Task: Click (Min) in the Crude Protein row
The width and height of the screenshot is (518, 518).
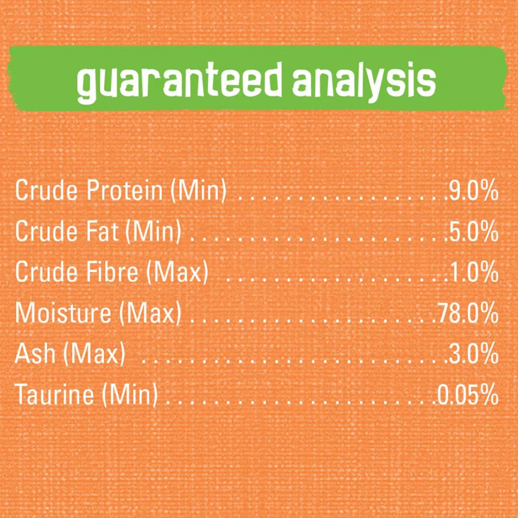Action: pos(199,191)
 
